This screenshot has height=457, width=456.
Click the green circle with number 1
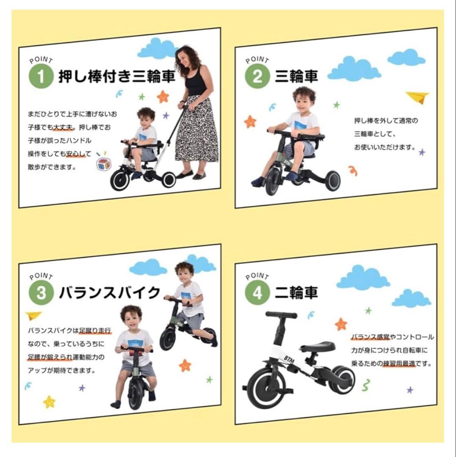(x=41, y=77)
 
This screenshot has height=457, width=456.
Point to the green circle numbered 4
(x=257, y=293)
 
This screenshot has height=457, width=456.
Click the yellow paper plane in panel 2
(x=418, y=97)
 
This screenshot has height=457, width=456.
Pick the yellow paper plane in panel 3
(x=33, y=316)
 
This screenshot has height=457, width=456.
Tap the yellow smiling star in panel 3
(x=49, y=401)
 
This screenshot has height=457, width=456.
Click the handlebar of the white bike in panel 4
(x=281, y=316)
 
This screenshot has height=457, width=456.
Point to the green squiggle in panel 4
(x=366, y=385)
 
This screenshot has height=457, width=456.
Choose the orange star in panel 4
(x=341, y=324)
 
